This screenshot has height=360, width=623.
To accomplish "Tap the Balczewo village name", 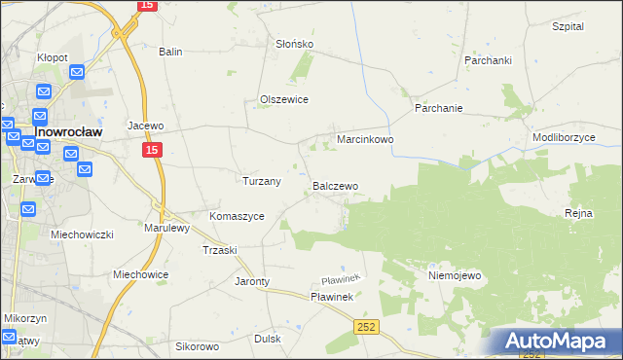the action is pyautogui.click(x=335, y=185).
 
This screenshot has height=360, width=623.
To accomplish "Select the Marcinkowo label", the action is pyautogui.click(x=365, y=140).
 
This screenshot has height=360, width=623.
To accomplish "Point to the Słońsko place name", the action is pyautogui.click(x=294, y=45).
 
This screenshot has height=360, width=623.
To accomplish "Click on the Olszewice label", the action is pyautogui.click(x=284, y=99).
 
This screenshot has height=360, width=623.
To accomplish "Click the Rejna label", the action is pyautogui.click(x=578, y=213).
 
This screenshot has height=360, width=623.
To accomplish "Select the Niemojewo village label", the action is pyautogui.click(x=455, y=275).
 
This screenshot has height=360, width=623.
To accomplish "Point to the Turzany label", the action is pyautogui.click(x=261, y=181).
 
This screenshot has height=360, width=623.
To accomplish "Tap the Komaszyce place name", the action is pyautogui.click(x=237, y=216).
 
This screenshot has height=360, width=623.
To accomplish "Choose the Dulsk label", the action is pyautogui.click(x=268, y=339).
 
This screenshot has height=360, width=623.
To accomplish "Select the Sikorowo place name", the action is pyautogui.click(x=197, y=345).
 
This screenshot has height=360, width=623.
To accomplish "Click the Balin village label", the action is pyautogui.click(x=171, y=52).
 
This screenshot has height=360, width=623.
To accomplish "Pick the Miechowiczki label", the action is pyautogui.click(x=83, y=235).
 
